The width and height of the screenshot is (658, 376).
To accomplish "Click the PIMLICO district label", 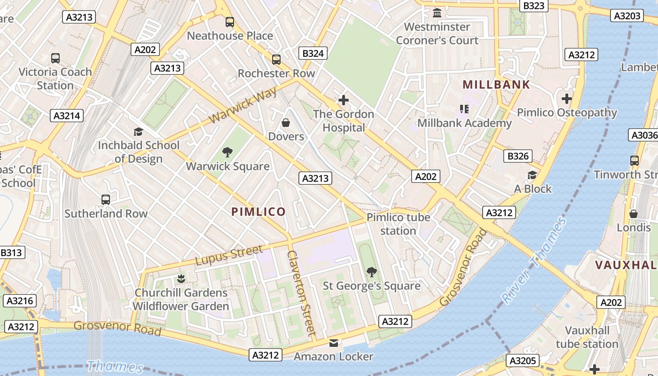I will coord(258,212).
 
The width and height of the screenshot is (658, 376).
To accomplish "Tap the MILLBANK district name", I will coord(496,85).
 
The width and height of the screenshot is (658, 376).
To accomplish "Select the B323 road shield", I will coord(534,6).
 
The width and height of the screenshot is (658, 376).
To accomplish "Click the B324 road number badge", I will coord(313,54).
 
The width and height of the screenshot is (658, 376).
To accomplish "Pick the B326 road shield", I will coord(518,156).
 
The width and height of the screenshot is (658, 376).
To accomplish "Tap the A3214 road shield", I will coord(67,116).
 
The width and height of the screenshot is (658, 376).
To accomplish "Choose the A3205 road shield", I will coord(523,361).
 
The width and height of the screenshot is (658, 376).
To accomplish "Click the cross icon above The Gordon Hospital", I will coord(344,100).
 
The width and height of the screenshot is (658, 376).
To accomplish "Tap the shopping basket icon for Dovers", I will coord(286,123).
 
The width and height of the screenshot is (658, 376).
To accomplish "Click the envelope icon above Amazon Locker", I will coord(334,343).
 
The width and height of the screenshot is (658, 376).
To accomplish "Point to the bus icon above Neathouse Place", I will coord(230,22).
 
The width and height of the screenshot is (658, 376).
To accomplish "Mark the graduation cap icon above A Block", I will coord(532,175).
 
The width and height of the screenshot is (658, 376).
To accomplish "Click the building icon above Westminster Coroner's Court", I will coord(437,13).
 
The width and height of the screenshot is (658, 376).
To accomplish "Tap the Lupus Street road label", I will coord(229,255).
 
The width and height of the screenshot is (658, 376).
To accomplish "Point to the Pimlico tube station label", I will coord(398,224).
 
